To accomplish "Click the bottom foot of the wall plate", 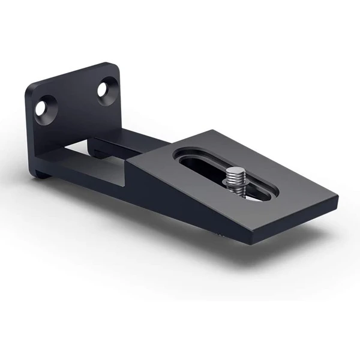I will pos(42,173).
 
